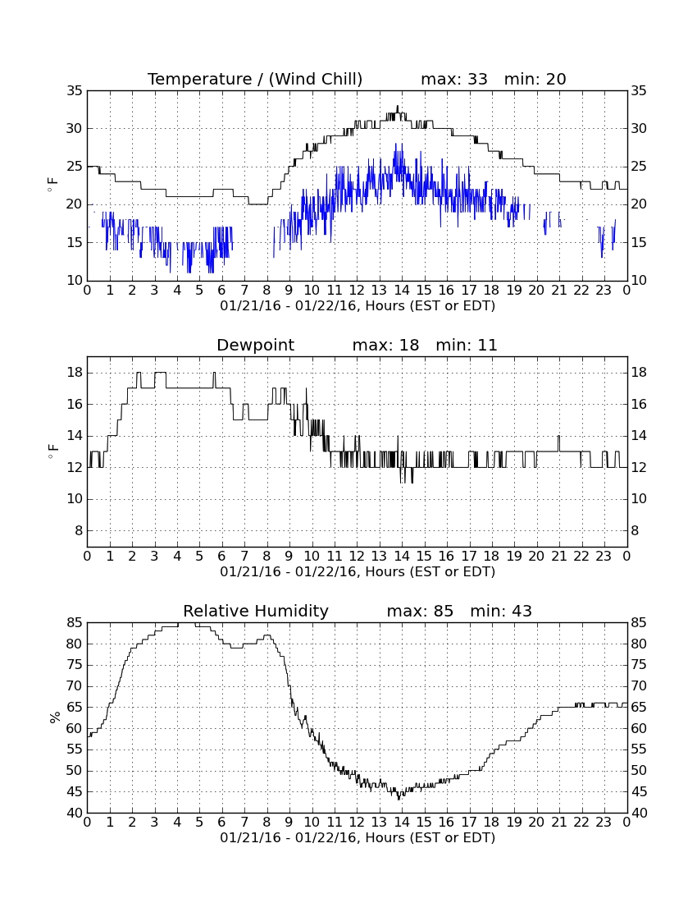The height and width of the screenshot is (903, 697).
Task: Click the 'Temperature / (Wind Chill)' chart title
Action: (x=255, y=79)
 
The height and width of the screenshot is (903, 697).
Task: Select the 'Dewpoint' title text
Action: (x=255, y=345)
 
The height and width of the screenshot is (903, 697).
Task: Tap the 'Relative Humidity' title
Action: (x=255, y=611)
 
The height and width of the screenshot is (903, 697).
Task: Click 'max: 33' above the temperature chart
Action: (x=453, y=79)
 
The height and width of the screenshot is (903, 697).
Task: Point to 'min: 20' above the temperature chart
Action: (x=535, y=79)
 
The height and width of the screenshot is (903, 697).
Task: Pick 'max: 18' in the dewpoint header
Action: (x=385, y=345)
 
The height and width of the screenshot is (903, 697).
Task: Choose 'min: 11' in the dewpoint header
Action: (x=466, y=345)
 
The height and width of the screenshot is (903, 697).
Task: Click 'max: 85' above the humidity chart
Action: (x=420, y=611)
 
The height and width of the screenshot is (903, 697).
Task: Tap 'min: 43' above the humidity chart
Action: (x=501, y=611)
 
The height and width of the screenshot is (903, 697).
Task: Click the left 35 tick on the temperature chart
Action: (x=75, y=91)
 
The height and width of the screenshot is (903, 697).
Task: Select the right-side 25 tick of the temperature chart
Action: (x=638, y=167)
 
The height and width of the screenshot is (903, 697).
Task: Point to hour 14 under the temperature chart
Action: (x=402, y=291)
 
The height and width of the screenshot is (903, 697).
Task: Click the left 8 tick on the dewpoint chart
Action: (x=79, y=530)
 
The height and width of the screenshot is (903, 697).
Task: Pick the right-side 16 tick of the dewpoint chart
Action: (x=638, y=404)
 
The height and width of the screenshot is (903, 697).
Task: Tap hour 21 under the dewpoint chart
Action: (x=559, y=557)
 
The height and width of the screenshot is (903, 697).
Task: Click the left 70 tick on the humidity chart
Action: (x=75, y=686)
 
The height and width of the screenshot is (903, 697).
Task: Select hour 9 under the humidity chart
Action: (x=289, y=823)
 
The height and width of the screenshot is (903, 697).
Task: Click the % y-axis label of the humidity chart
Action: (x=55, y=717)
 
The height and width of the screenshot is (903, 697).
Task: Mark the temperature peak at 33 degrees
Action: (x=398, y=107)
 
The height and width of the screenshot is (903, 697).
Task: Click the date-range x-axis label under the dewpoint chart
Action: (x=358, y=572)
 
